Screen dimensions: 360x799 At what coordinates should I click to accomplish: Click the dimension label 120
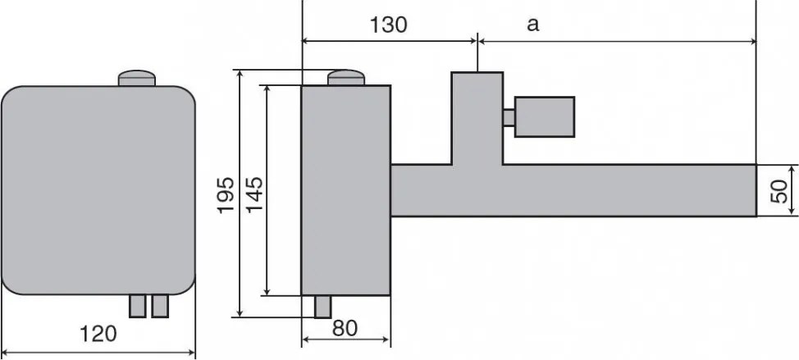98,335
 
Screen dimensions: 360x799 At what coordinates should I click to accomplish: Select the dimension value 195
226,195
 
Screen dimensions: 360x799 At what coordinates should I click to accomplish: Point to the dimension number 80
346,328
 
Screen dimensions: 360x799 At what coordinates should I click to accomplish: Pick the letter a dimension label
532,25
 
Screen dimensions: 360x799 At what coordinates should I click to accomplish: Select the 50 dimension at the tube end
779,190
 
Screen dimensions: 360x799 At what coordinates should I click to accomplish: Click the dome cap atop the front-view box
137,79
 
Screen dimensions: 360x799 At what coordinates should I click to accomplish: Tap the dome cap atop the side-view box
346,78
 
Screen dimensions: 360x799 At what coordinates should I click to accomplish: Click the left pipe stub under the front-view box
137,306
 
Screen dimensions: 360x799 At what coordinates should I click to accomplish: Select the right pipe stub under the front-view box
159,306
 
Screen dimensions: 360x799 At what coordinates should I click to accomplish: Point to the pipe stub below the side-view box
323,306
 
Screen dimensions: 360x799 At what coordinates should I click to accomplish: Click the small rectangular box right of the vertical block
544,116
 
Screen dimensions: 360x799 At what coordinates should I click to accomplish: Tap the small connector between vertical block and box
509,118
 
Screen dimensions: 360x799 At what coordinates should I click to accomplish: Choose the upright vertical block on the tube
476,117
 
